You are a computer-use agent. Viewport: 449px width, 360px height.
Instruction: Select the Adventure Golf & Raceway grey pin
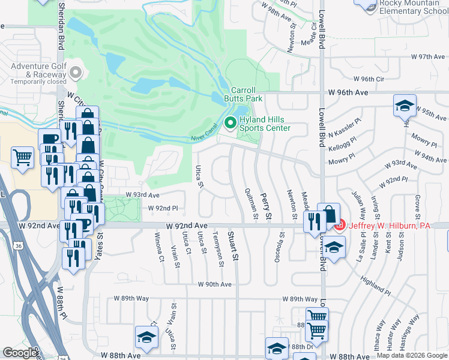pyautogui.click(x=75, y=73)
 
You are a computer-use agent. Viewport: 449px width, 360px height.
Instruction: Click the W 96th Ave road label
pyautogui.click(x=348, y=93)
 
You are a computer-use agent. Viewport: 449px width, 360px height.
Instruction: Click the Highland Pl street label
pyautogui.click(x=375, y=284)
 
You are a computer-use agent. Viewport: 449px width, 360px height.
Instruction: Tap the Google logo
pyautogui.click(x=20, y=353)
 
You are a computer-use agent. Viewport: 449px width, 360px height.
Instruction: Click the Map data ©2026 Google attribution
pyautogui.click(x=412, y=355)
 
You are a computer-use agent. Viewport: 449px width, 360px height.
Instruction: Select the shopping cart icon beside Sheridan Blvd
pyautogui.click(x=23, y=158)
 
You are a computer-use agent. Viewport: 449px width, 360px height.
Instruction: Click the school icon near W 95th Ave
pyautogui.click(x=405, y=106)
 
